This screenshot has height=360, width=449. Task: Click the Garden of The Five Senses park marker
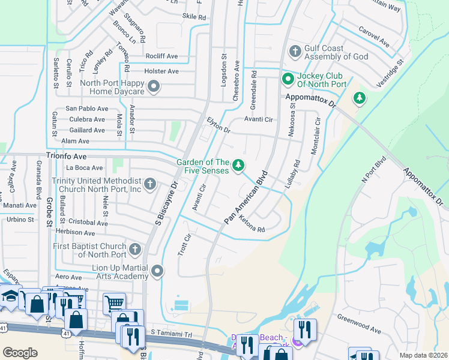point(238,164)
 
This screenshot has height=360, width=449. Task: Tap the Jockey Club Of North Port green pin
point(288,79)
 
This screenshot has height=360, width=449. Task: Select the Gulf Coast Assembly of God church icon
point(295,52)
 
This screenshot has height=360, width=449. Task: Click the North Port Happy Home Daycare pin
point(154,87)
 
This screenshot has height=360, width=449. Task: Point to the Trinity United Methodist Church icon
point(150,184)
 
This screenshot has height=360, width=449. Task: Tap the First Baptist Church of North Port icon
point(136,248)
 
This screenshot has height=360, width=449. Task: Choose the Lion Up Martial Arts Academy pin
point(157,271)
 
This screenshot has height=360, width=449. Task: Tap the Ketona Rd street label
point(252,225)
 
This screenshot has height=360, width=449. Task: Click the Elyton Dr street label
point(218,125)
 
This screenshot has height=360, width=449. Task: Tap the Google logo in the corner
point(20,352)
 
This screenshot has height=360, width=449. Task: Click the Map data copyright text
point(424,355)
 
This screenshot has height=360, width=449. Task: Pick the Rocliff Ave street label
point(161,56)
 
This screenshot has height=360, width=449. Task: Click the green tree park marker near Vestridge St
point(360,97)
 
